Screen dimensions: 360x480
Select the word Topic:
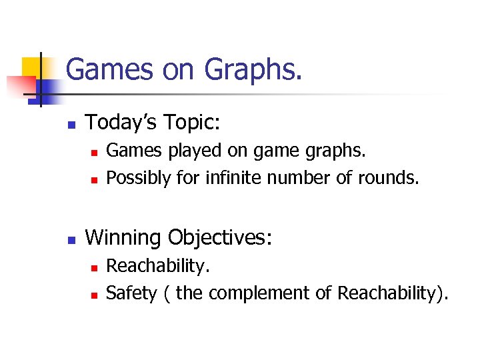193,122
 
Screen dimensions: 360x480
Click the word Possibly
138,178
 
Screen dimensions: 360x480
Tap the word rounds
395,178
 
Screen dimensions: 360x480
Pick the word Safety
131,293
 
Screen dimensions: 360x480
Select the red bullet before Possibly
95,179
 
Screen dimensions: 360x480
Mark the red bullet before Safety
95,294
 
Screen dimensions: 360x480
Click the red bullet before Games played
95,152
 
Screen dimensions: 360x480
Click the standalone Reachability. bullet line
158,266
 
